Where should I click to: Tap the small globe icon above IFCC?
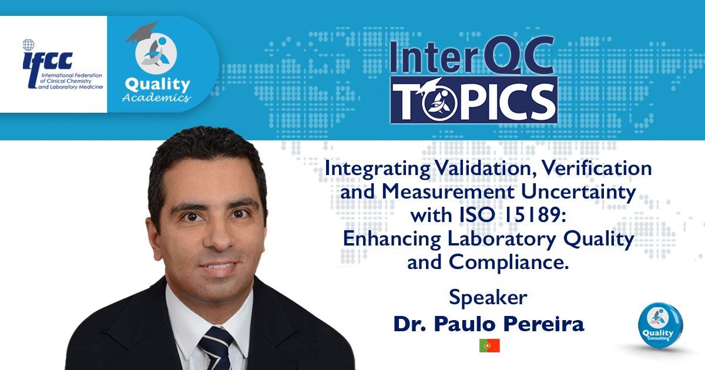pos(28,45)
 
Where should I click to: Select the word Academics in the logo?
pos(156,97)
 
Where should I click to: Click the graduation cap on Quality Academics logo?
pos(142,32)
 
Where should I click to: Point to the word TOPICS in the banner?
pos(474,100)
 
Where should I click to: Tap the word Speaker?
pos(488,297)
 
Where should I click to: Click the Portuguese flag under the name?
pos(489,345)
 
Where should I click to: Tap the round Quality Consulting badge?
pos(660,325)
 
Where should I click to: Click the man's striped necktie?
pos(216,349)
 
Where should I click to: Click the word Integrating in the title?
pos(377,169)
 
